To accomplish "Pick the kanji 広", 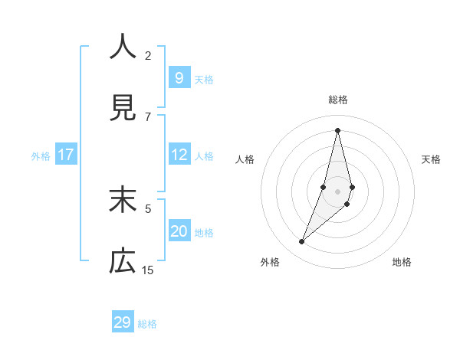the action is coord(123,262).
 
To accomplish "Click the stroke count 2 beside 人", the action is coord(148,55).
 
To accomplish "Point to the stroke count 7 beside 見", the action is coord(148,116).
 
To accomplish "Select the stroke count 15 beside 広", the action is coord(148,270).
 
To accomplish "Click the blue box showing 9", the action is coord(179,77).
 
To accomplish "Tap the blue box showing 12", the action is coord(179,155).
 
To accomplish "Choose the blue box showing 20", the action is coord(179,231).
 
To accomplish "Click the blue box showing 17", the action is coord(66,155).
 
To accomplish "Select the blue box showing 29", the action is coord(123,322).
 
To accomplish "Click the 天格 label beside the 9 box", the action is coord(204,79).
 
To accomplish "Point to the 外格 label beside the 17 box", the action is coord(41,156).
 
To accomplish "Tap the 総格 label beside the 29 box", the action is coord(147,324).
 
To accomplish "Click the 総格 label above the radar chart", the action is coord(338,100).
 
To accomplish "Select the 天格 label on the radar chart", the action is coord(431,159).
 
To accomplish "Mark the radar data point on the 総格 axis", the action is coord(337,129).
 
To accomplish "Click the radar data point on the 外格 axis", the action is coord(302,242).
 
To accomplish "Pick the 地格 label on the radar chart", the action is coord(402,262).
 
